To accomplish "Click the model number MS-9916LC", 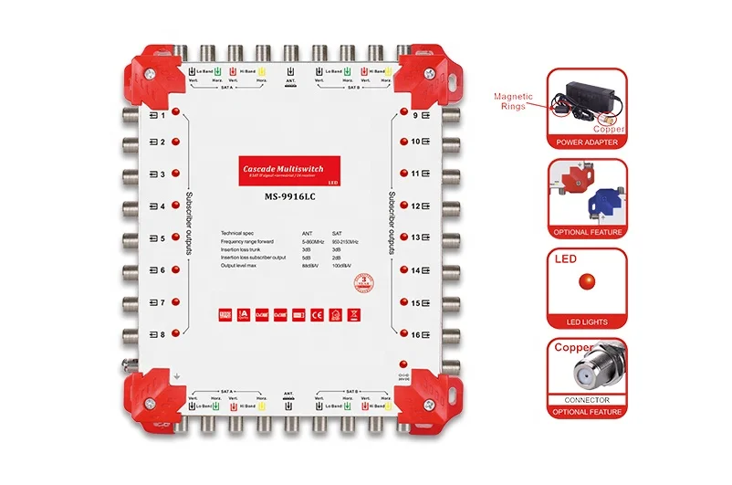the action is (x=290, y=194).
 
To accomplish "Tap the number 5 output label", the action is (x=162, y=238).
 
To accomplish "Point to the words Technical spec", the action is (x=240, y=234).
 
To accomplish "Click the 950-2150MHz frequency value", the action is (x=345, y=241).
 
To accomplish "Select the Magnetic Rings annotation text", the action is (x=514, y=100).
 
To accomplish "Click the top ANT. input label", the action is (x=290, y=81).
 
